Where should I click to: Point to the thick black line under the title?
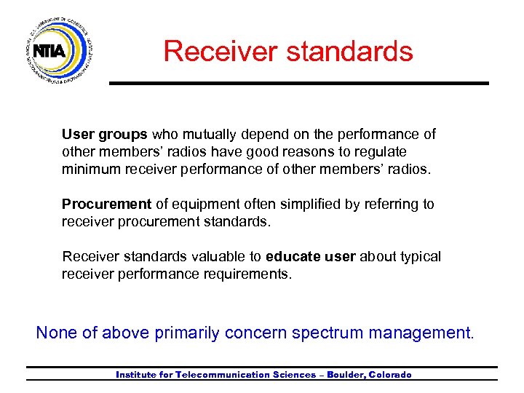coord(298,84)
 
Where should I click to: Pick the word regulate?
coord(381,152)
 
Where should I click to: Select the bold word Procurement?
coord(106,205)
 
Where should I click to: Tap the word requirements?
coord(250,274)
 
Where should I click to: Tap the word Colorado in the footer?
coord(390,375)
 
